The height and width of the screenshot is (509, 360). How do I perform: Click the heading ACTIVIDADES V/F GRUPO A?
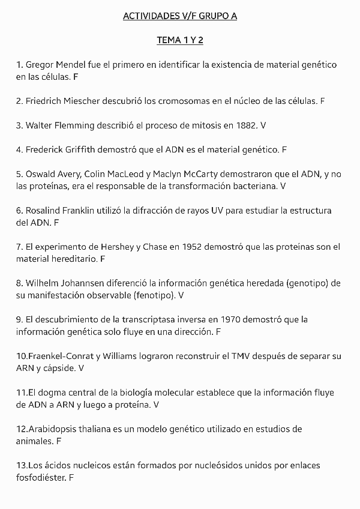click(180, 16)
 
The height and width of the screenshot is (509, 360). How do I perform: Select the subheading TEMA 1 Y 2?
click(180, 40)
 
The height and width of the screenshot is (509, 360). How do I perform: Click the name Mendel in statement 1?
click(76, 64)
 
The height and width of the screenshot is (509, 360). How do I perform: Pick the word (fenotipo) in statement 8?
click(154, 295)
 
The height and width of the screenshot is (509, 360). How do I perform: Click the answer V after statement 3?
click(263, 125)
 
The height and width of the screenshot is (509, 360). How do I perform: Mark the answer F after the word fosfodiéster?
click(71, 477)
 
